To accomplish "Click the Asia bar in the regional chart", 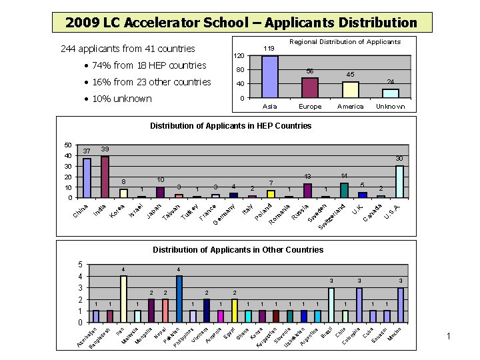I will (270, 77).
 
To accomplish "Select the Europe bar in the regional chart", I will (310, 88).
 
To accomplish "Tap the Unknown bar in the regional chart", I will (391, 93).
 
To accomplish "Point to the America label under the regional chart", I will (351, 107).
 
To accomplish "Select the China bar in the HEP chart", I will (87, 178).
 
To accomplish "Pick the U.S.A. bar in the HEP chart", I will (399, 182).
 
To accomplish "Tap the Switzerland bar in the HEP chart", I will (344, 190).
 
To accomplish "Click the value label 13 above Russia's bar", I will (308, 177).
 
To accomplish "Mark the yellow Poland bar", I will (271, 194).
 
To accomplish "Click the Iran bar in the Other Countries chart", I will (123, 299).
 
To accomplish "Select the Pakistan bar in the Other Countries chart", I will (179, 299).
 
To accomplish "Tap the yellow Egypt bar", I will (235, 310).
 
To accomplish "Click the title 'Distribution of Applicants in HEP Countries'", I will (231, 126).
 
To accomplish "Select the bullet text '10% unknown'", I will (117, 99).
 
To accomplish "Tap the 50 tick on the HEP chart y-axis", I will (67, 145).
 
